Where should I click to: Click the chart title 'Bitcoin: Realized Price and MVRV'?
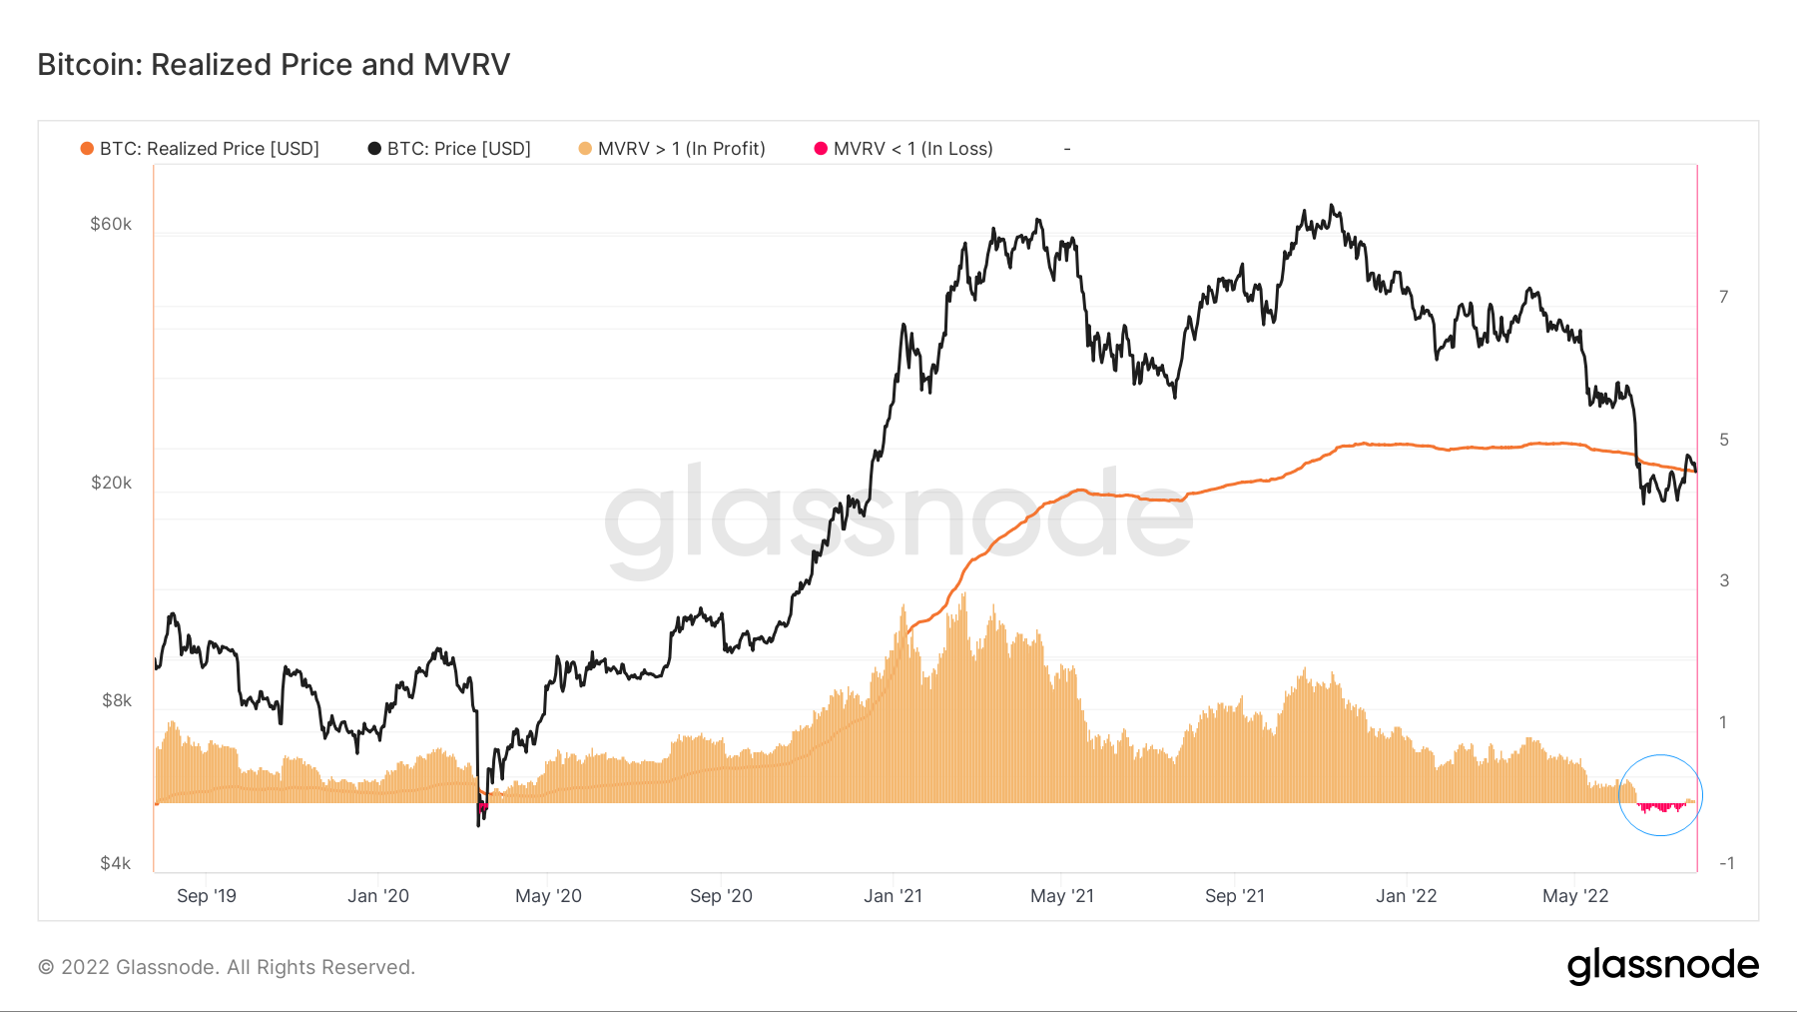[274, 65]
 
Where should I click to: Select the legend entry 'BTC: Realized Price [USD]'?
[209, 149]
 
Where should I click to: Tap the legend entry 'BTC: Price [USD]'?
[458, 149]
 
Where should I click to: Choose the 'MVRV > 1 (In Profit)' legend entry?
[681, 149]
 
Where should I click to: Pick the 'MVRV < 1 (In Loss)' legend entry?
[912, 149]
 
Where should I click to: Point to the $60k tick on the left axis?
[111, 224]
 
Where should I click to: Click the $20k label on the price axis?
[111, 483]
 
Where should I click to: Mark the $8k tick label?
[116, 700]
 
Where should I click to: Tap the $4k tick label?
[116, 863]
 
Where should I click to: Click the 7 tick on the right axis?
[1723, 297]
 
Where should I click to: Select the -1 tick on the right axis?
[1726, 863]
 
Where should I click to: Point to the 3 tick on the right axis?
[1724, 580]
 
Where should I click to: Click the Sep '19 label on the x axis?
[207, 896]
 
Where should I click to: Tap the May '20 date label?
[548, 896]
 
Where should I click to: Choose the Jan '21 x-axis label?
[893, 896]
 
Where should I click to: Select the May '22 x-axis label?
[1575, 896]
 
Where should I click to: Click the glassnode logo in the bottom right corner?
[1662, 966]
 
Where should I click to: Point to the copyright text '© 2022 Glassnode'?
[227, 967]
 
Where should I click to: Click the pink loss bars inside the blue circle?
[1660, 806]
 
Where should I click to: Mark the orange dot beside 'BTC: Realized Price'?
[87, 149]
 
